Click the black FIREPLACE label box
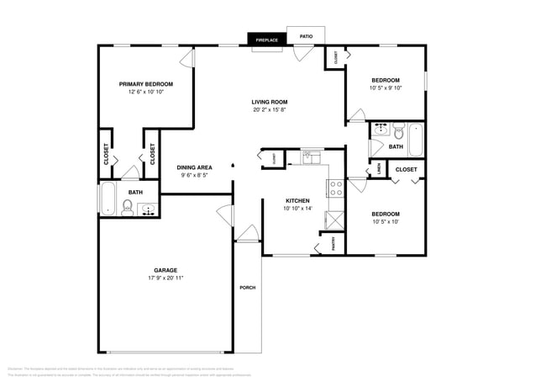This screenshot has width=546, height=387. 267,40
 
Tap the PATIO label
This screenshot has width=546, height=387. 307,36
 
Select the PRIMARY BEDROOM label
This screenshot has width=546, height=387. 145,84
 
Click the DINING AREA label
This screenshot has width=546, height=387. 194,167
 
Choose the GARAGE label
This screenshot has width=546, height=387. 165,270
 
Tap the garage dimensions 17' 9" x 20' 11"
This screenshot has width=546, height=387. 165,278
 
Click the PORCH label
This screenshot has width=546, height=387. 248,288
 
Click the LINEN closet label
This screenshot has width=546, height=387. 379,170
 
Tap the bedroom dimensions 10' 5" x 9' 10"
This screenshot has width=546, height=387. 386,88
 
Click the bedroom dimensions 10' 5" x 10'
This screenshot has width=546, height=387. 386,222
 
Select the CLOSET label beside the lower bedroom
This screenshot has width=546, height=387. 406,170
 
